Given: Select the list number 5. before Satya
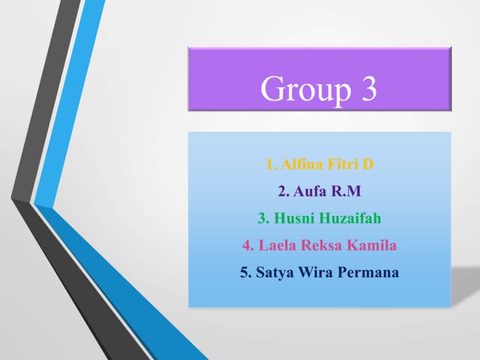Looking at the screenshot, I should (x=245, y=272).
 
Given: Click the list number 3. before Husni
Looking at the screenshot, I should (x=262, y=218).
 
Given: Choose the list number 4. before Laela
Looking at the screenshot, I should (x=247, y=245).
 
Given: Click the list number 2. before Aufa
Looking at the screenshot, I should (x=283, y=191).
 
